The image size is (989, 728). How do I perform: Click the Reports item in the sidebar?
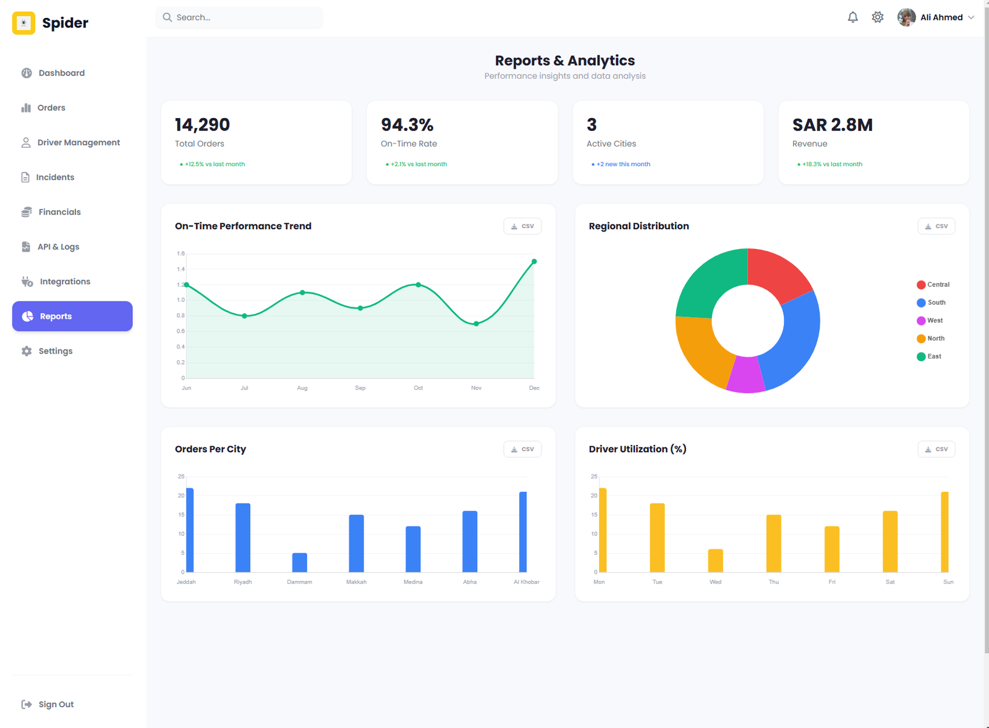point(72,316)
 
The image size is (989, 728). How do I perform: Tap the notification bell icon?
point(853,17)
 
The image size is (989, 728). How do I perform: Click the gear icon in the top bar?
point(878,17)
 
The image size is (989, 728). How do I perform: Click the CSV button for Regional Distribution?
point(936,226)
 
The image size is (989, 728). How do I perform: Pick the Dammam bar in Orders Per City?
point(300,562)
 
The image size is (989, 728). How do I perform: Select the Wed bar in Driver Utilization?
point(715,561)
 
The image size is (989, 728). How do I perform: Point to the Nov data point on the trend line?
point(476,324)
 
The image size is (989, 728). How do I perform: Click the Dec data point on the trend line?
point(534,261)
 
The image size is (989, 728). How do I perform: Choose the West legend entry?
point(930,321)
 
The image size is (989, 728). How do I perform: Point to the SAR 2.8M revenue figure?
point(832,125)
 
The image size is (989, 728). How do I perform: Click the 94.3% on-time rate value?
point(407,125)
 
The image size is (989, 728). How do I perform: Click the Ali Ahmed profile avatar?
point(906,17)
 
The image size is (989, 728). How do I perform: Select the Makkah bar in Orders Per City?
point(357,543)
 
